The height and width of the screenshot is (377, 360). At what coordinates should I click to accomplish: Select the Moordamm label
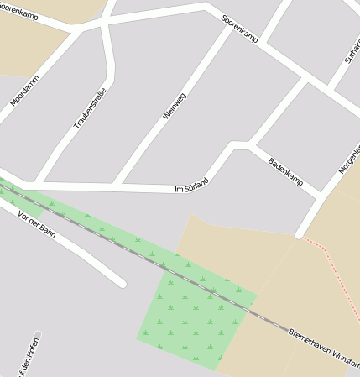pyautogui.click(x=25, y=90)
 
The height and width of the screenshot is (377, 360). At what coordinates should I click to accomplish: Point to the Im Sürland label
pyautogui.click(x=190, y=190)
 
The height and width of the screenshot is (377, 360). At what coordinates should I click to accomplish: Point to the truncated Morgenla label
pyautogui.click(x=350, y=160)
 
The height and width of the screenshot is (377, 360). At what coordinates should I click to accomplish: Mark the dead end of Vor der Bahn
pyautogui.click(x=122, y=284)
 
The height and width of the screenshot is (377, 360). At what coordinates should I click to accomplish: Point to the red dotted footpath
pyautogui.click(x=336, y=269)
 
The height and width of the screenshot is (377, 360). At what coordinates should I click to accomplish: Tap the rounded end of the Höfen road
pyautogui.click(x=38, y=335)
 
